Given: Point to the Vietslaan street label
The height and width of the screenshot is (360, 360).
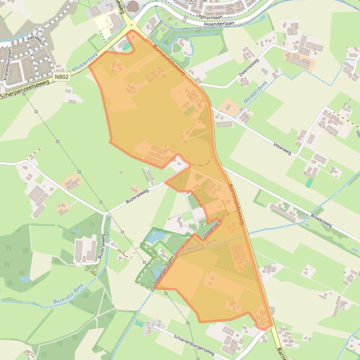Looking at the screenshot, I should [x=34, y=40].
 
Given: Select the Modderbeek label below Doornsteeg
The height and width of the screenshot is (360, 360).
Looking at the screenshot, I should [x=255, y=92].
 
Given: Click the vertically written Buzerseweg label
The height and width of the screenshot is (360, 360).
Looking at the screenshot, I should [x=101, y=246].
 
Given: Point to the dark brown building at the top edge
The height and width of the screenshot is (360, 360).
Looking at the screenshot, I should [x=133, y=6].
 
